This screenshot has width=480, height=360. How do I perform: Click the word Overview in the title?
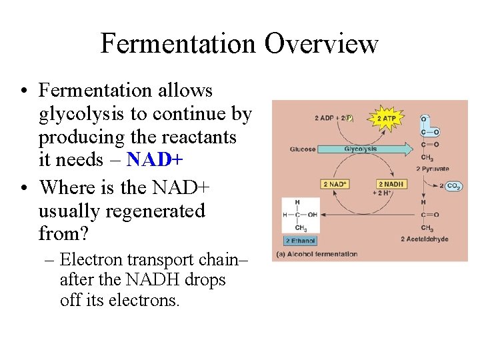click(321, 44)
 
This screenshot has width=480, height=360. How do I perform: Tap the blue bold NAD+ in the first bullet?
click(154, 160)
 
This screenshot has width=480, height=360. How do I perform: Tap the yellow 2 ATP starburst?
click(386, 118)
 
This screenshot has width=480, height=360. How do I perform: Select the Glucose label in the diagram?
click(303, 149)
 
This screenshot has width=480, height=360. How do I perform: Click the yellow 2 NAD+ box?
click(333, 184)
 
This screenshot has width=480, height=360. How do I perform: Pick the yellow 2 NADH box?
click(391, 184)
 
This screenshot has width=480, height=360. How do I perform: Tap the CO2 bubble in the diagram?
click(454, 186)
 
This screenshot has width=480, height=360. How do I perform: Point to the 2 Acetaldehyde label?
click(425, 239)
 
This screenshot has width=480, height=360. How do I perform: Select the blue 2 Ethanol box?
click(300, 241)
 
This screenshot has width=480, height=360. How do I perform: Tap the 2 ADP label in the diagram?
click(326, 118)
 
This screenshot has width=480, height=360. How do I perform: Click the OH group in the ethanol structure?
click(311, 215)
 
